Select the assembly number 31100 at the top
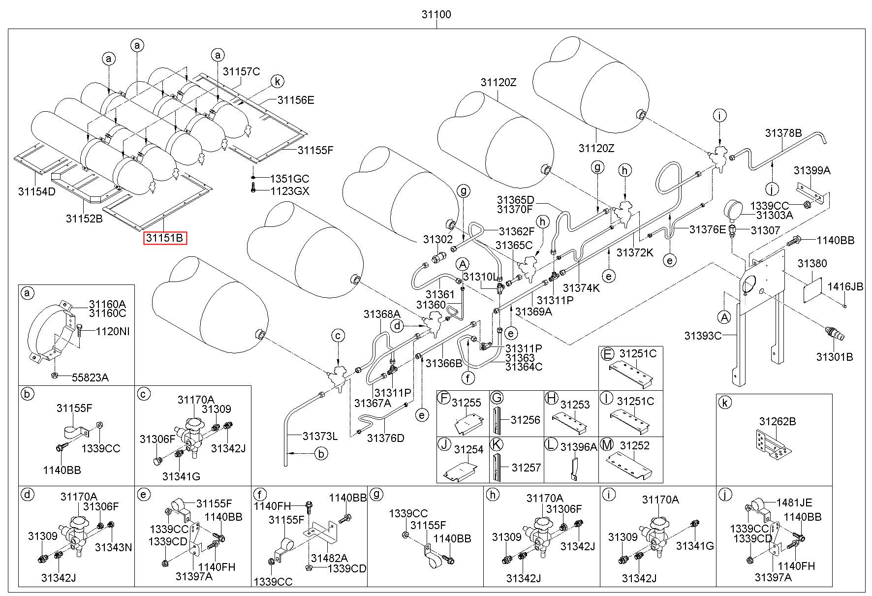436,15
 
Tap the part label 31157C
241,71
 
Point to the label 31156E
295,100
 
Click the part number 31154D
37,191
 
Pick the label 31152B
84,219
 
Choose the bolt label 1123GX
290,191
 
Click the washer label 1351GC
290,179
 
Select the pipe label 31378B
783,133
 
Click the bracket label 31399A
812,170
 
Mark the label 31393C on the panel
703,336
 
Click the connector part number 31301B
835,357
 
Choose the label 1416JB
845,287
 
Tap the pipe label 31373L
320,436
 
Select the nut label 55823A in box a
90,377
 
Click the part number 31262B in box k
778,422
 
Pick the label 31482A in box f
330,558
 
